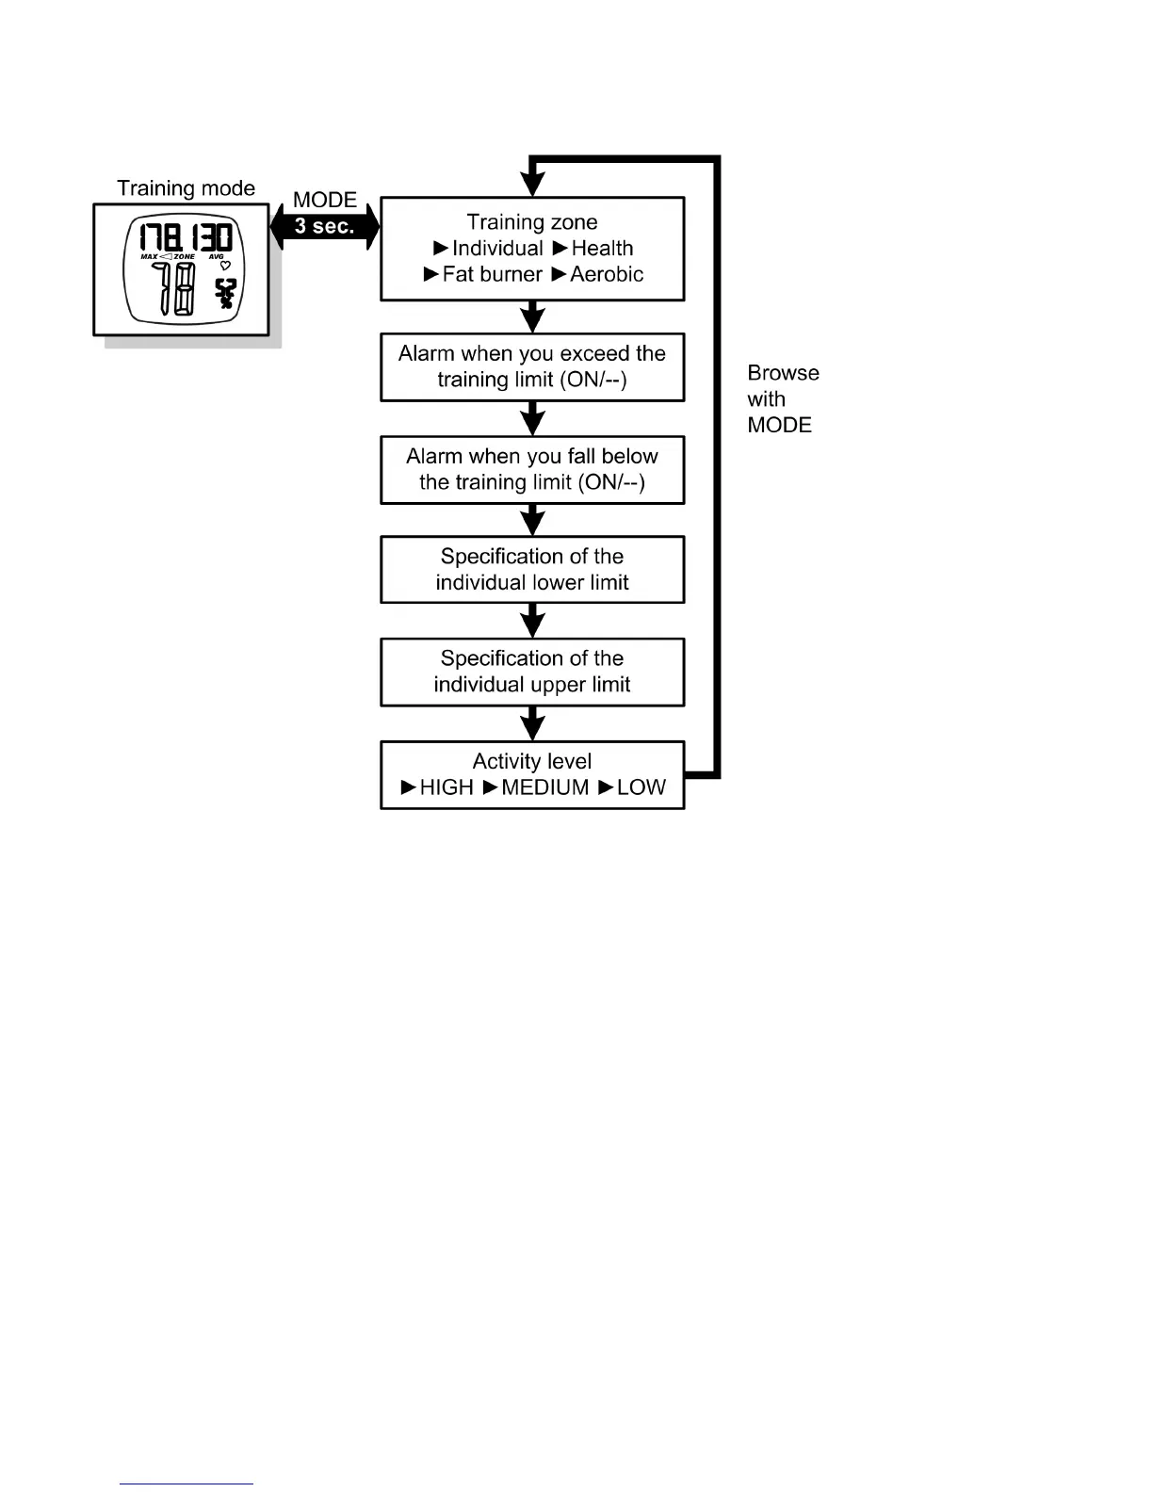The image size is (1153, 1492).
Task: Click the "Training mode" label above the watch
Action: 186,188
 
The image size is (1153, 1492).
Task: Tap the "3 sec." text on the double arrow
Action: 324,226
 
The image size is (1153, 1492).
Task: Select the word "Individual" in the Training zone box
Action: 497,249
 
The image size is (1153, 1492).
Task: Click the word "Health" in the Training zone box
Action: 602,249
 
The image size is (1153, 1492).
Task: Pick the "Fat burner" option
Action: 492,274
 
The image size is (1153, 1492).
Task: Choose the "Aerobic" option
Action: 607,274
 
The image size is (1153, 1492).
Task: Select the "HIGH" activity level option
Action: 447,787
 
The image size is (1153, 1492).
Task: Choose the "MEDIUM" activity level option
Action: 544,787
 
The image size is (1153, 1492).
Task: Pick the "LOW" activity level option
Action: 641,787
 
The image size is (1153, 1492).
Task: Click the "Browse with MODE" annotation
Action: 782,399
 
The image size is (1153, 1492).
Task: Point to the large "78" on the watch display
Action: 174,288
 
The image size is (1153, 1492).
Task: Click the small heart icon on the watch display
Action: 225,266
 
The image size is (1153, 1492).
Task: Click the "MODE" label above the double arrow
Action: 325,200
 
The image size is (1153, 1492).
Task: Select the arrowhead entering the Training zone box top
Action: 532,186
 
